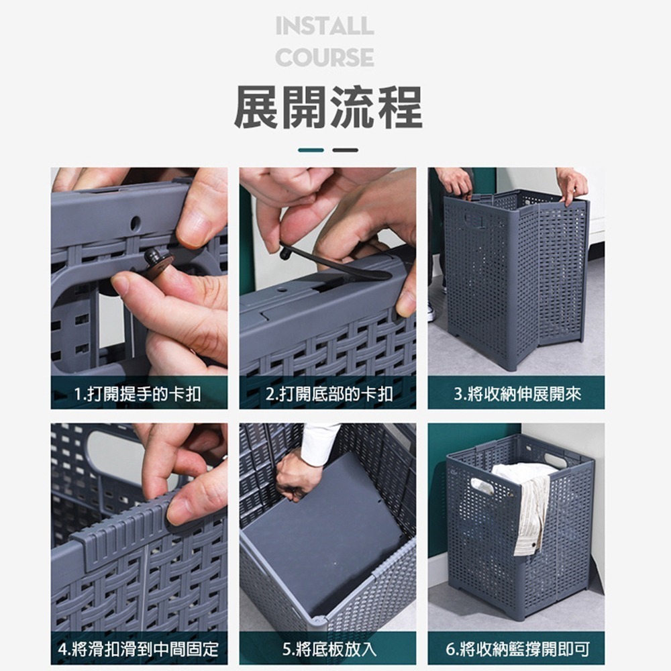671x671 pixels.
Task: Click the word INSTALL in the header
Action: click(325, 27)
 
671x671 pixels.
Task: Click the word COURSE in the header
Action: click(325, 58)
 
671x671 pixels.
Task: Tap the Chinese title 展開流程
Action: click(328, 107)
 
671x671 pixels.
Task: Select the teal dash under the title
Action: click(311, 150)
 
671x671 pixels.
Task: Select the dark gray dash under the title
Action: click(346, 150)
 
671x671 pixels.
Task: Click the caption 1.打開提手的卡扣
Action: click(138, 394)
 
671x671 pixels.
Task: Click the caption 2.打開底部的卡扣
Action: click(328, 394)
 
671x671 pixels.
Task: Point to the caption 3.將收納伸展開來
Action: click(516, 394)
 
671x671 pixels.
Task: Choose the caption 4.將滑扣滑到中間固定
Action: click(138, 649)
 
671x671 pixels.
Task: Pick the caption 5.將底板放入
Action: click(328, 649)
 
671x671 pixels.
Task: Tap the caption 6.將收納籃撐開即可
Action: click(516, 649)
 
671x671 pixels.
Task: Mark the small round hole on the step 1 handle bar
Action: click(135, 222)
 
